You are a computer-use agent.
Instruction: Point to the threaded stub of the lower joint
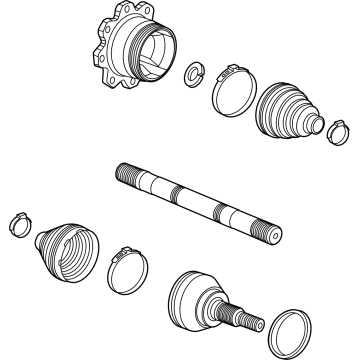coord(246,319)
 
